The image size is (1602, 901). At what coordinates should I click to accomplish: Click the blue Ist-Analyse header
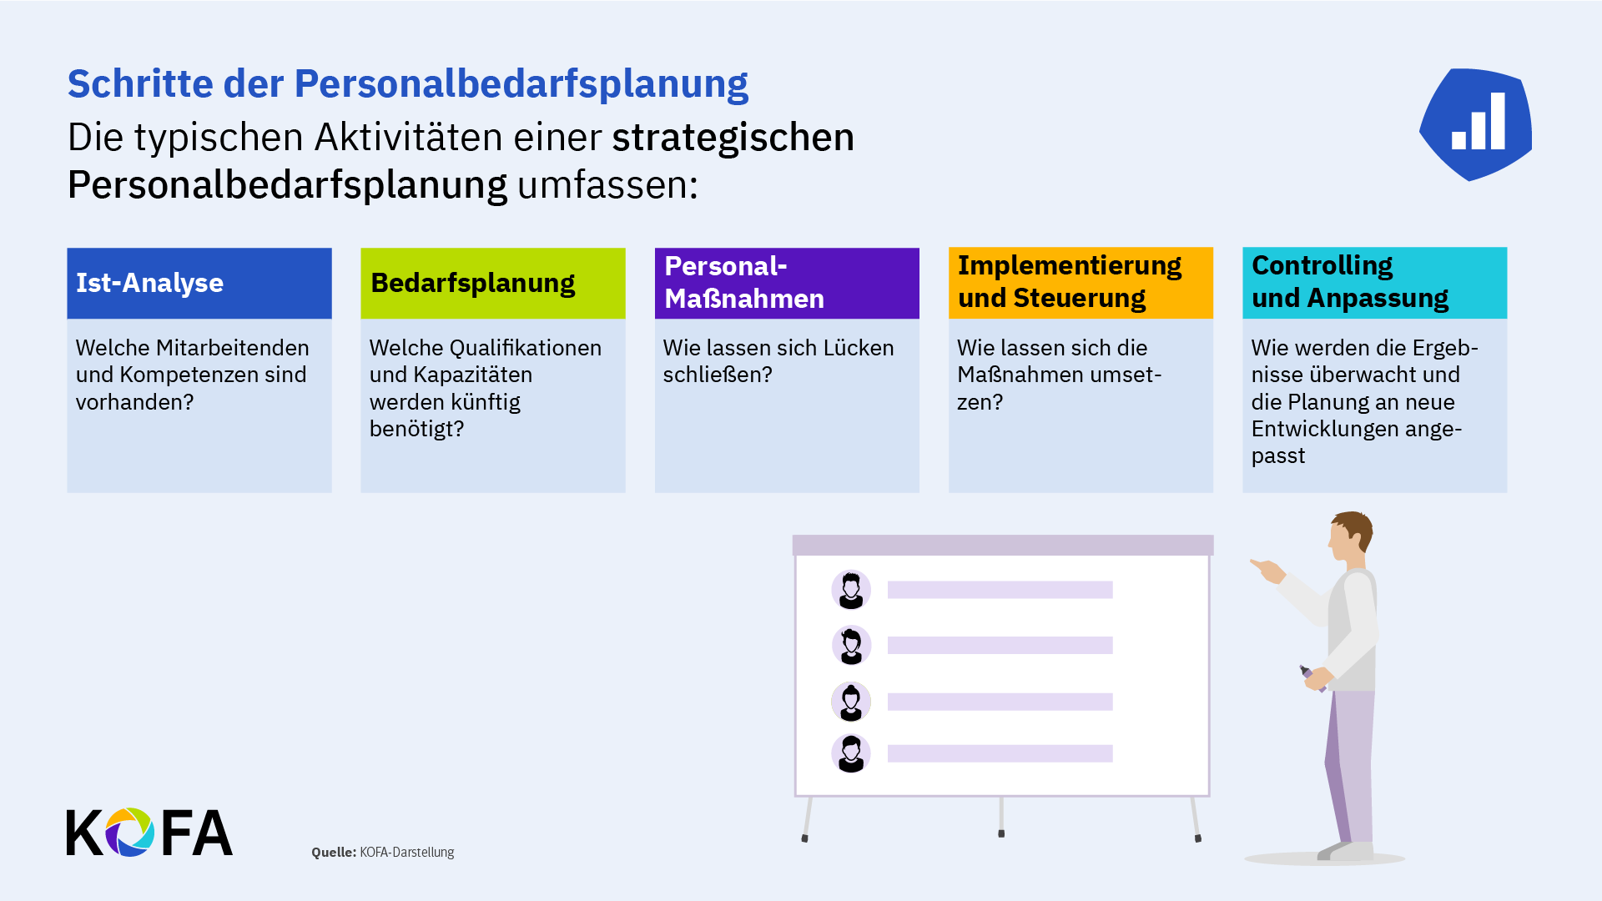click(199, 283)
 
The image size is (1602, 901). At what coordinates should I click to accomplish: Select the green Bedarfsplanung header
click(492, 283)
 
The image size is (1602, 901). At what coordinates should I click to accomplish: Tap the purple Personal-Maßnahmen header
click(786, 283)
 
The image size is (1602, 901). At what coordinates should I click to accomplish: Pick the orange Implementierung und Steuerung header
click(1080, 282)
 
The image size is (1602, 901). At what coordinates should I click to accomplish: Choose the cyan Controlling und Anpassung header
click(1373, 282)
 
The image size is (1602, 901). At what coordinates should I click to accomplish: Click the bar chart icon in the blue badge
click(1479, 123)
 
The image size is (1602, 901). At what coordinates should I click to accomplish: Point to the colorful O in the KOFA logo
click(129, 832)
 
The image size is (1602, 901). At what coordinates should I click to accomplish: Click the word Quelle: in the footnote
click(334, 852)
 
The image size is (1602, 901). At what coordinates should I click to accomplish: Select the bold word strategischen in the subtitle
click(733, 138)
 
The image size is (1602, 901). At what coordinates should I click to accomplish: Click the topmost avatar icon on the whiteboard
click(851, 590)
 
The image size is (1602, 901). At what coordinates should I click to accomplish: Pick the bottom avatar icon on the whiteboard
click(851, 753)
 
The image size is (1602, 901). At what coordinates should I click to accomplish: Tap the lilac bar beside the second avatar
click(1000, 645)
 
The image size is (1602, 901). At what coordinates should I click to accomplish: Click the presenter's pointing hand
click(1269, 571)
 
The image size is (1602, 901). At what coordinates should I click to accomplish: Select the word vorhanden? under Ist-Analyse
click(134, 402)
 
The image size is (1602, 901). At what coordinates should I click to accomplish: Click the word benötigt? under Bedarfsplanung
click(416, 429)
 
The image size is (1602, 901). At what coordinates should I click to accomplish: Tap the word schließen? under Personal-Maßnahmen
click(718, 375)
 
